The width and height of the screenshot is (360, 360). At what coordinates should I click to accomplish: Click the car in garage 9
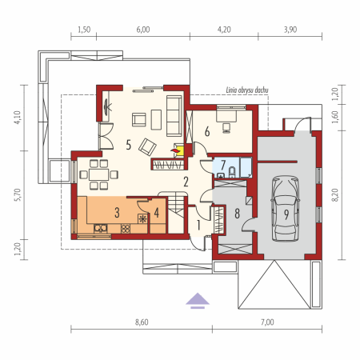[285, 209]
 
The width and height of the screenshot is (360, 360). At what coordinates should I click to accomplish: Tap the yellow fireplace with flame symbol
[178, 150]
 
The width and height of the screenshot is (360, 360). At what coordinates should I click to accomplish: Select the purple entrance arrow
[198, 301]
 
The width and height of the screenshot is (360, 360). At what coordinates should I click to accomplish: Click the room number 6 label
[207, 131]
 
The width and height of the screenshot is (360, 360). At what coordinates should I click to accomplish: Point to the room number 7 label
[223, 165]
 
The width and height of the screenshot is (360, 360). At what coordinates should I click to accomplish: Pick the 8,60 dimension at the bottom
[142, 322]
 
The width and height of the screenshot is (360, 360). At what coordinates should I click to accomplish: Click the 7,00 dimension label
[267, 322]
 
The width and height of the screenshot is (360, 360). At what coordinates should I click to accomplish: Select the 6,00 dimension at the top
[143, 30]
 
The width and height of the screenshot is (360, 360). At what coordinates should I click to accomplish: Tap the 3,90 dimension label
[290, 30]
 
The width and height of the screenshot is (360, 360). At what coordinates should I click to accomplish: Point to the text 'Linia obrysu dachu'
[247, 90]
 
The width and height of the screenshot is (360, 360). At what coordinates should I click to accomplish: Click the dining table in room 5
[99, 174]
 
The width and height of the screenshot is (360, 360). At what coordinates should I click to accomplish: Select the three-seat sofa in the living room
[174, 116]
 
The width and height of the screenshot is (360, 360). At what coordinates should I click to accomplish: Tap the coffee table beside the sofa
[156, 120]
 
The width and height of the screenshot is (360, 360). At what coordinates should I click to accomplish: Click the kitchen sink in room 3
[101, 229]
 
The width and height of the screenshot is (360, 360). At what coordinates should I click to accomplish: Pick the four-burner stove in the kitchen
[126, 229]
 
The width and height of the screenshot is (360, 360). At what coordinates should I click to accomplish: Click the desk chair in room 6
[226, 128]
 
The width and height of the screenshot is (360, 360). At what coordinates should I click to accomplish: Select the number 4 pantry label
[157, 213]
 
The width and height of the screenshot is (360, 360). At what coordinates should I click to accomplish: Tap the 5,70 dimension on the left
[18, 195]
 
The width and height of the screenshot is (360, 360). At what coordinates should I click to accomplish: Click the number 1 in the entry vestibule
[198, 225]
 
